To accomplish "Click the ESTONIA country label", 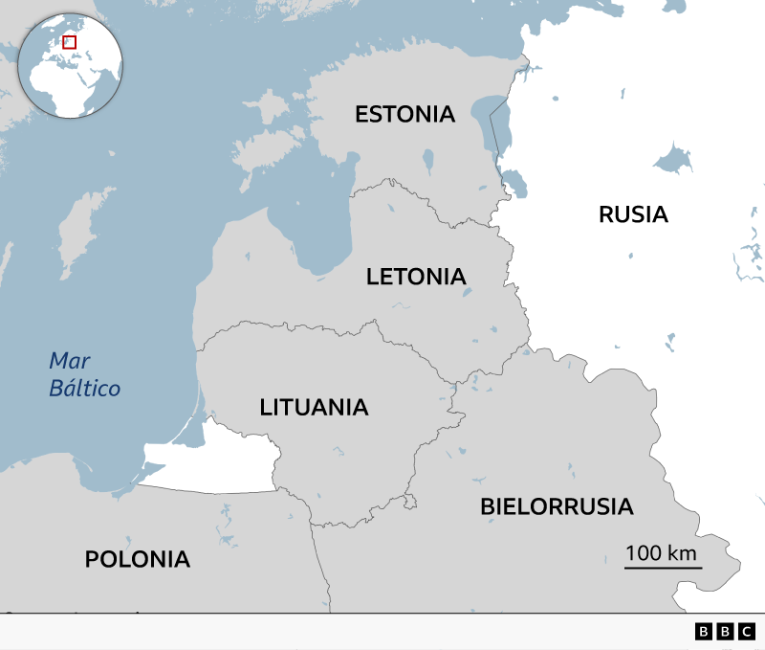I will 404,115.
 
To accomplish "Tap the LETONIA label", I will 416,278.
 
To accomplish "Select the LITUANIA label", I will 314,407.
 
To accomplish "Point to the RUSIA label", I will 633,214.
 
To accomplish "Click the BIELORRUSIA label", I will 557,506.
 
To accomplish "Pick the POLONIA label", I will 138,559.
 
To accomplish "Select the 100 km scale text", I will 661,553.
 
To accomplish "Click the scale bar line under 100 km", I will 663,567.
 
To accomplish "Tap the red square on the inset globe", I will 69,42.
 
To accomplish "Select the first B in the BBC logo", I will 704,631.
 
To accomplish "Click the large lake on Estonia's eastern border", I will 495,120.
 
